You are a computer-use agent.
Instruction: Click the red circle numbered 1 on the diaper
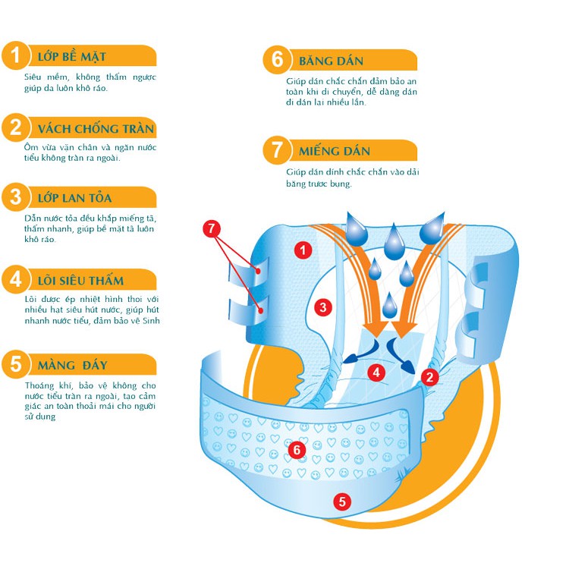click(303, 250)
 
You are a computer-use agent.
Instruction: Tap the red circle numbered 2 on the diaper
click(430, 377)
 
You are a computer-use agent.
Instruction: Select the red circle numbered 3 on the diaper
click(323, 308)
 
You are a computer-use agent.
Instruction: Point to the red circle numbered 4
click(376, 373)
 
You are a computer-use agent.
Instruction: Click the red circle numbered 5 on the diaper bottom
click(342, 502)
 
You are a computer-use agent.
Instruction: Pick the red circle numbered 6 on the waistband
click(297, 450)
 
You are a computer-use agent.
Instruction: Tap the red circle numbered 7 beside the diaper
click(212, 228)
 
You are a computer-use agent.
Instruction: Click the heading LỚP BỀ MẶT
click(72, 57)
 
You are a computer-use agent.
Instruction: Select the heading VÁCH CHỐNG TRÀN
click(96, 129)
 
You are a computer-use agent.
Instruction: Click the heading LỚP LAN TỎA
click(75, 198)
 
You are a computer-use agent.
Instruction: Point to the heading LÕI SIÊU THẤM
click(80, 281)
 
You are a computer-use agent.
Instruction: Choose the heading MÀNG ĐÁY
click(73, 365)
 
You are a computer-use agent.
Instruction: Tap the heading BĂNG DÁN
click(331, 61)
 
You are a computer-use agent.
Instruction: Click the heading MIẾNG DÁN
click(335, 151)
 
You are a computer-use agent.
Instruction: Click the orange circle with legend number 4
click(16, 279)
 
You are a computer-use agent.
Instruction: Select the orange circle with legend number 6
click(277, 59)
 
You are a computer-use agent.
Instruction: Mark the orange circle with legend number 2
click(16, 127)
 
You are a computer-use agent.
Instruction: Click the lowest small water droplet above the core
click(390, 306)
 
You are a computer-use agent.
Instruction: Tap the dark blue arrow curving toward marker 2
click(400, 356)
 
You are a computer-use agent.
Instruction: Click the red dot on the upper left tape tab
click(259, 271)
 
